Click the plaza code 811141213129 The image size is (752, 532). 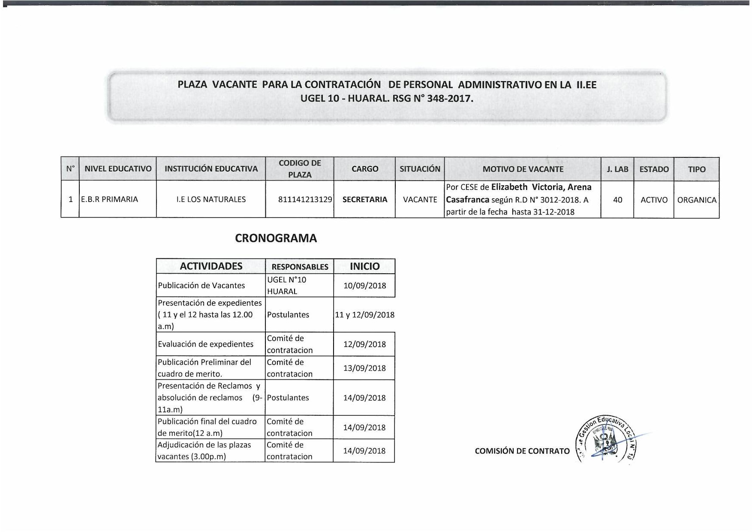coord(305,199)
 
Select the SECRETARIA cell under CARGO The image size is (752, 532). coord(364,199)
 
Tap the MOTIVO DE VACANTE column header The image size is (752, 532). coord(523,169)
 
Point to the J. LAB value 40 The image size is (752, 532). coord(617,200)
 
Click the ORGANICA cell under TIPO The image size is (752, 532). coord(697,200)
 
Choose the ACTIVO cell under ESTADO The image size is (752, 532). coord(654,200)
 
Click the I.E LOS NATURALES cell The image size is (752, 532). coord(211,199)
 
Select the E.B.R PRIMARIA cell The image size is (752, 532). coord(110,199)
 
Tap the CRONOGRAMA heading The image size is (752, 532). coord(276,239)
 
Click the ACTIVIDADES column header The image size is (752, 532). coord(211,266)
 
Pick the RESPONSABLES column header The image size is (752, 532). coord(300,267)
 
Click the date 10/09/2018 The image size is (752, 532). coord(364,286)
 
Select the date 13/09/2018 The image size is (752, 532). coord(364,368)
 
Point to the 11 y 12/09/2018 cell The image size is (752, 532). coord(364,315)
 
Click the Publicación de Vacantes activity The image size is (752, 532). coord(202,286)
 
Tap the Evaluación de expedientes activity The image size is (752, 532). coord(206,344)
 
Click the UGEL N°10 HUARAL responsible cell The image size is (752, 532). coord(286,286)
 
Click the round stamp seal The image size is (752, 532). coord(605,440)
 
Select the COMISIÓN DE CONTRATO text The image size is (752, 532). coord(522,451)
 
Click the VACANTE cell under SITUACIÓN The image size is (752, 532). coord(420,199)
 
